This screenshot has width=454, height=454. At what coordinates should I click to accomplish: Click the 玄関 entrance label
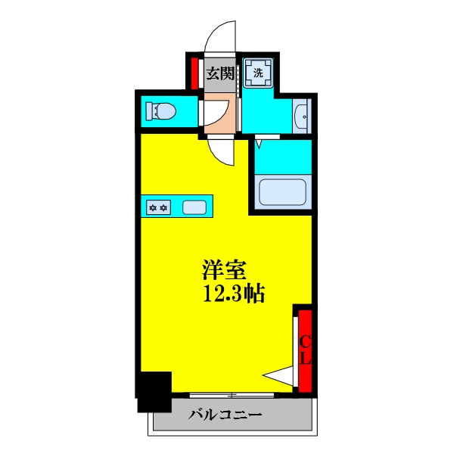point(220,73)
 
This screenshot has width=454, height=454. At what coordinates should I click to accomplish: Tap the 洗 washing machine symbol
point(258,73)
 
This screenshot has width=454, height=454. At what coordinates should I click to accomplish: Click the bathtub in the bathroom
point(281,192)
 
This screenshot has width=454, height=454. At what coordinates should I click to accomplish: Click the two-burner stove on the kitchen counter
point(159,206)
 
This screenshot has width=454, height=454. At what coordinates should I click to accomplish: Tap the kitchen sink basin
point(194,206)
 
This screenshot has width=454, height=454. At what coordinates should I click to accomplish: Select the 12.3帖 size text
point(232,294)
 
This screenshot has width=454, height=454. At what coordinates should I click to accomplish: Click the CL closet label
point(306,350)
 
